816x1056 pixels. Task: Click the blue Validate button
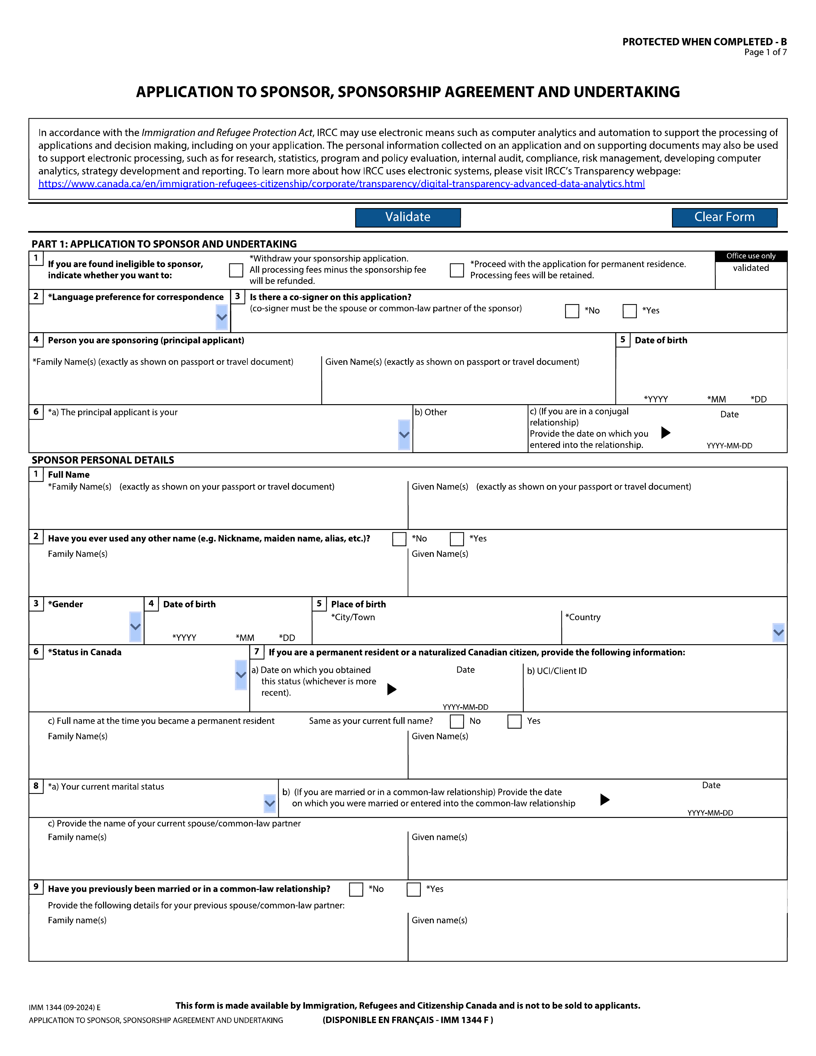pyautogui.click(x=407, y=217)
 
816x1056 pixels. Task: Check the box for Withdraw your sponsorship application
pyautogui.click(x=236, y=270)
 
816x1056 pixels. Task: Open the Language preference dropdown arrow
pyautogui.click(x=222, y=317)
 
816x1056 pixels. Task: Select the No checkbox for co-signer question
pyautogui.click(x=572, y=311)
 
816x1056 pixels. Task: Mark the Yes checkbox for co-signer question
pyautogui.click(x=629, y=311)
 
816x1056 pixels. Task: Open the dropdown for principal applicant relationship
pyautogui.click(x=404, y=435)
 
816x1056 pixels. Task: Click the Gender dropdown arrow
pyautogui.click(x=135, y=627)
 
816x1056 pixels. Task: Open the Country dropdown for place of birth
pyautogui.click(x=778, y=632)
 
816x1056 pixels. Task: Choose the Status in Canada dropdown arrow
pyautogui.click(x=241, y=675)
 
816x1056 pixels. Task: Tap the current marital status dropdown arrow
pyautogui.click(x=270, y=804)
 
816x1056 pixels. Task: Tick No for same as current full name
pyautogui.click(x=457, y=721)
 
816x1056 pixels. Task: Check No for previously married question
pyautogui.click(x=356, y=889)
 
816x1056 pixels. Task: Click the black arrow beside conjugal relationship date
pyautogui.click(x=666, y=432)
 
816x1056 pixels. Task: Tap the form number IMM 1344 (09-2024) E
pyautogui.click(x=65, y=1008)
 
